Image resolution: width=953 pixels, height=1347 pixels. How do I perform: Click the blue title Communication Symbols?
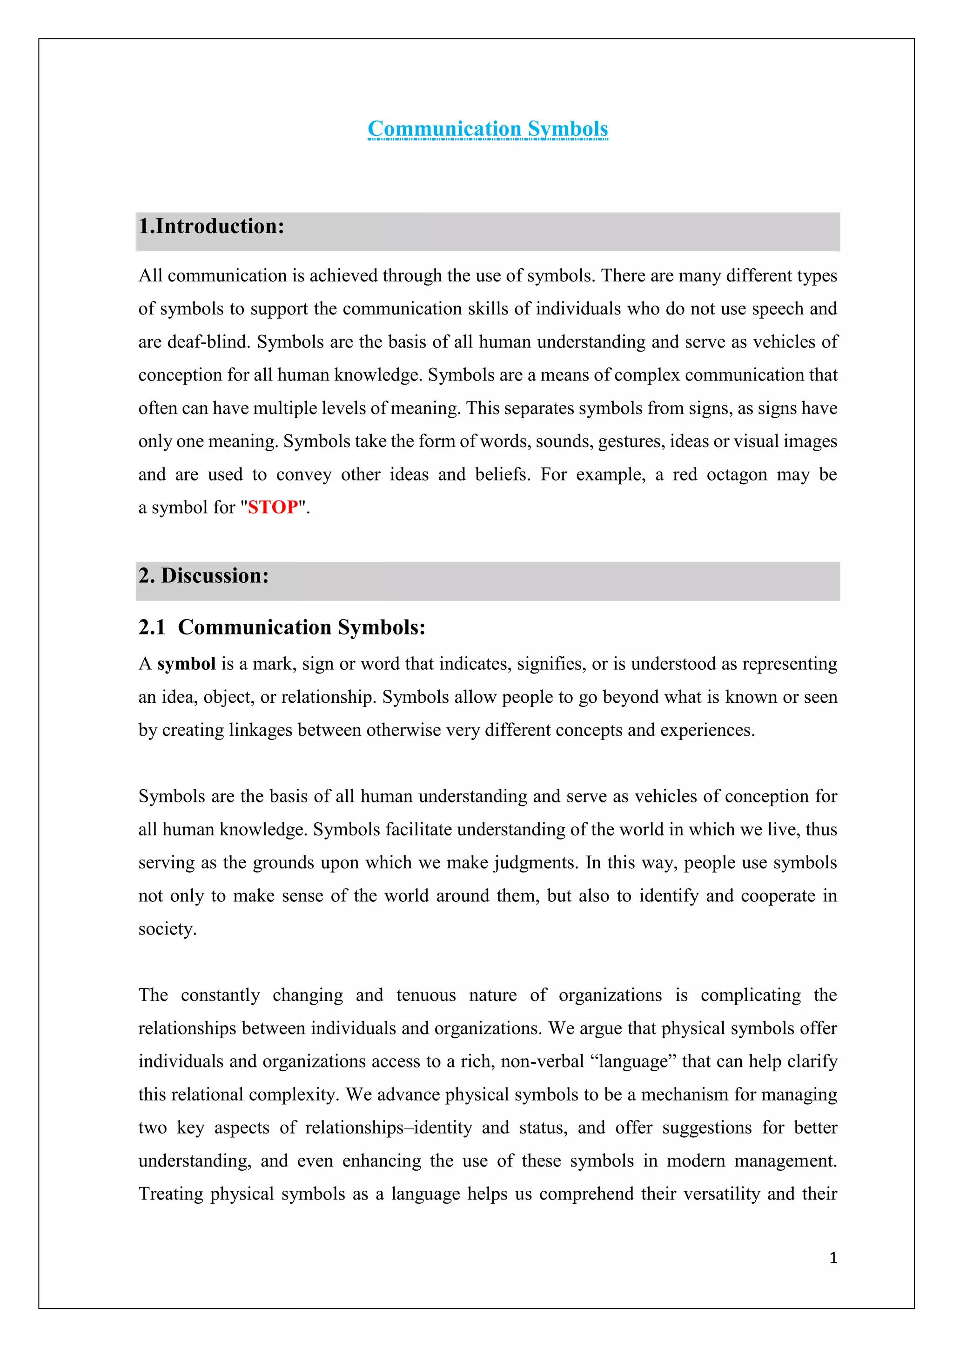coord(488,129)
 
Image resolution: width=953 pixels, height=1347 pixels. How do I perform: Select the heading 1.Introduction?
coord(211,227)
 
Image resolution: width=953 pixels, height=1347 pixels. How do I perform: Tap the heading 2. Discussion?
coord(204,575)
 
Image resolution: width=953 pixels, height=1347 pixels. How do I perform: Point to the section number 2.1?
coord(152,627)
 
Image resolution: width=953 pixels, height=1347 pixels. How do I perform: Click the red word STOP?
coord(273,507)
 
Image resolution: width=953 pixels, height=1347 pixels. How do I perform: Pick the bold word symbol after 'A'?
coord(187,664)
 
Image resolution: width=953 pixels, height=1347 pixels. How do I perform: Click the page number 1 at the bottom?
coord(832,1258)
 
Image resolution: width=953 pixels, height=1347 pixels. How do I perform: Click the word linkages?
coord(261,730)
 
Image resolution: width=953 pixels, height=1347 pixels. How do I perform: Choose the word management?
coord(785,1161)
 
